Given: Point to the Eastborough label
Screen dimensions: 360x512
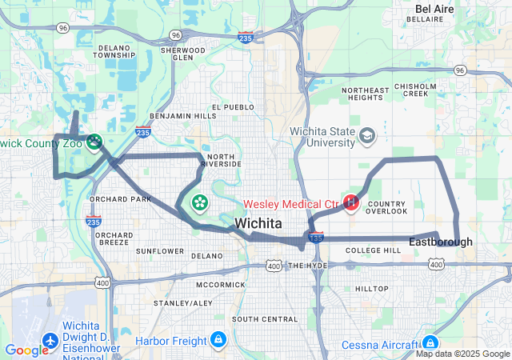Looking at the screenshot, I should (440, 242).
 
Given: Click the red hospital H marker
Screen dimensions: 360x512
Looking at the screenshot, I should (350, 203).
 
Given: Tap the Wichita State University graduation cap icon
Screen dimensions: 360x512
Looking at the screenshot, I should (367, 136).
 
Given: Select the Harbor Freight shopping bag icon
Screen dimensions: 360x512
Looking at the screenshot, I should (217, 341).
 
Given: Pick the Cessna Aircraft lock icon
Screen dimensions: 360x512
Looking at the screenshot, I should (431, 342).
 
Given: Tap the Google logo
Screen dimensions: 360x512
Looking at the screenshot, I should (26, 350).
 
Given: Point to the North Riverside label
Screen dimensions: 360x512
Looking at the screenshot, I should (222, 159).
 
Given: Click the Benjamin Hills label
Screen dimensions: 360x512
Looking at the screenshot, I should (182, 116).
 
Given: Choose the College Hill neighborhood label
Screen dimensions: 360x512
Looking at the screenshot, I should (373, 250).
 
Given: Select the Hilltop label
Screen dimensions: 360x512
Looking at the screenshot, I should (371, 288).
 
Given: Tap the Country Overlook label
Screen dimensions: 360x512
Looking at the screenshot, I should (386, 207).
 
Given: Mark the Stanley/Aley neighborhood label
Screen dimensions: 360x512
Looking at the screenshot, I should (183, 303).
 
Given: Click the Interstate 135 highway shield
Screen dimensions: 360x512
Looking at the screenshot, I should (316, 238).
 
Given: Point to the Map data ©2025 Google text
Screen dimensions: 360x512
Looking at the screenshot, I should (462, 354).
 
